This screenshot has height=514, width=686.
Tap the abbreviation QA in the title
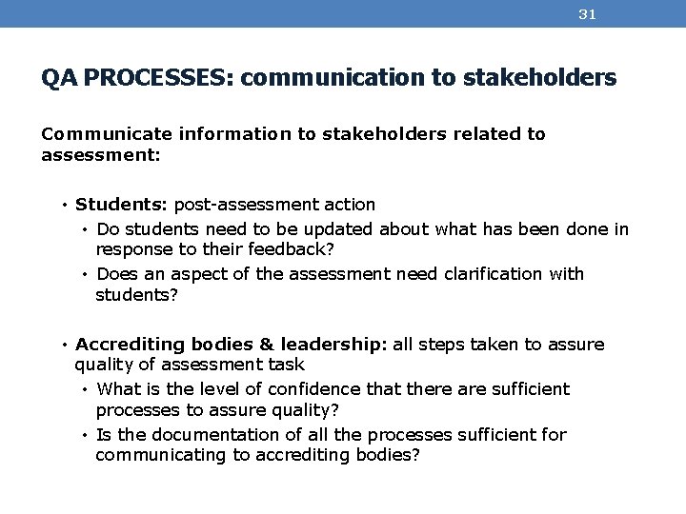pos(59,79)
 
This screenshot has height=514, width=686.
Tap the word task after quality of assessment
pos(288,364)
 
